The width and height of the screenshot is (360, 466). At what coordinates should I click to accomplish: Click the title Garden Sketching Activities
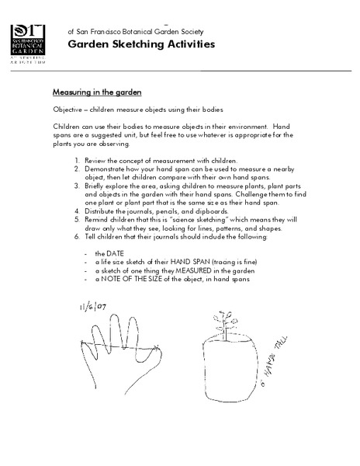pos(141,44)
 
